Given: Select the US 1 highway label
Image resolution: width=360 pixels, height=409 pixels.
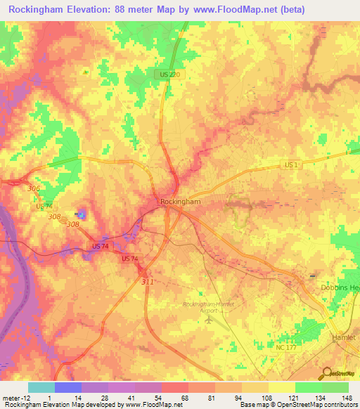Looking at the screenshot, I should pyautogui.click(x=292, y=164).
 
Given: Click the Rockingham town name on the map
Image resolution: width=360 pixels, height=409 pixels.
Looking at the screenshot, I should pyautogui.click(x=181, y=202).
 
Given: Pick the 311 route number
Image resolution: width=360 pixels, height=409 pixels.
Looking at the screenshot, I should pyautogui.click(x=147, y=281).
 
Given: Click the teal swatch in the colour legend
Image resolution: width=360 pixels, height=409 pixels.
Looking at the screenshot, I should pyautogui.click(x=41, y=387).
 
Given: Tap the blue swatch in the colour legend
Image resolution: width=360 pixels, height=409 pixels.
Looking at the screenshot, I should pyautogui.click(x=68, y=387).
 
